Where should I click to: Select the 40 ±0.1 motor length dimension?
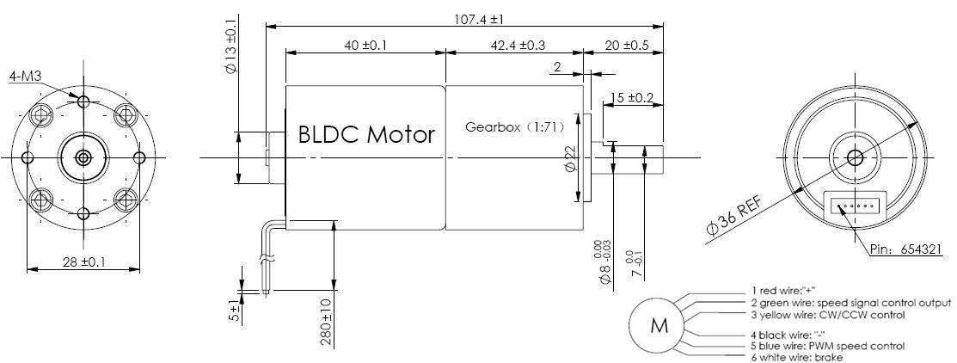pyautogui.click(x=364, y=46)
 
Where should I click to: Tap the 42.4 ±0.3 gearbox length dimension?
pyautogui.click(x=513, y=46)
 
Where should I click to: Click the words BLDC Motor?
pyautogui.click(x=366, y=135)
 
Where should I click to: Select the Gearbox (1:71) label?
pyautogui.click(x=514, y=127)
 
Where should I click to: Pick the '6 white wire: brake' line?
pyautogui.click(x=797, y=357)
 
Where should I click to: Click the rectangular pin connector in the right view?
pyautogui.click(x=853, y=206)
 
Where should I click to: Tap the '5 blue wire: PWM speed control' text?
pyautogui.click(x=828, y=346)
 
